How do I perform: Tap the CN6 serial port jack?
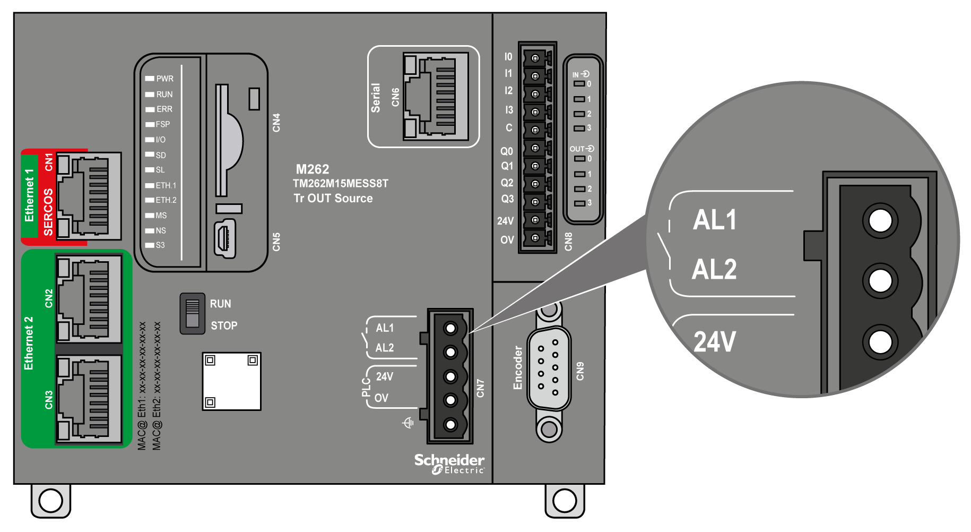coord(436,96)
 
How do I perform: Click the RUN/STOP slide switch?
coord(192,313)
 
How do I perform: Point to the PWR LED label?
coord(164,79)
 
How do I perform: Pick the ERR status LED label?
coord(164,109)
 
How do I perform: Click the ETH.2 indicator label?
coord(166,200)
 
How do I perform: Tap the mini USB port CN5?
coord(225,239)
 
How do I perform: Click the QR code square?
coord(231,381)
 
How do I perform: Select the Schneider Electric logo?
coord(449,464)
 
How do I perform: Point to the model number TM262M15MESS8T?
coord(341,184)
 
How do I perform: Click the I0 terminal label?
coord(508,57)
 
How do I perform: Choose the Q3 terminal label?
coord(507,199)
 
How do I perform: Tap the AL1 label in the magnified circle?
coord(715,220)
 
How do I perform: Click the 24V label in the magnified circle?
coord(715,341)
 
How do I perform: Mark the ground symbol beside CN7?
coord(408,423)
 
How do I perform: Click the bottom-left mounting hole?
coord(51,500)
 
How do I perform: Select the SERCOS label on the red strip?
coord(48,212)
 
